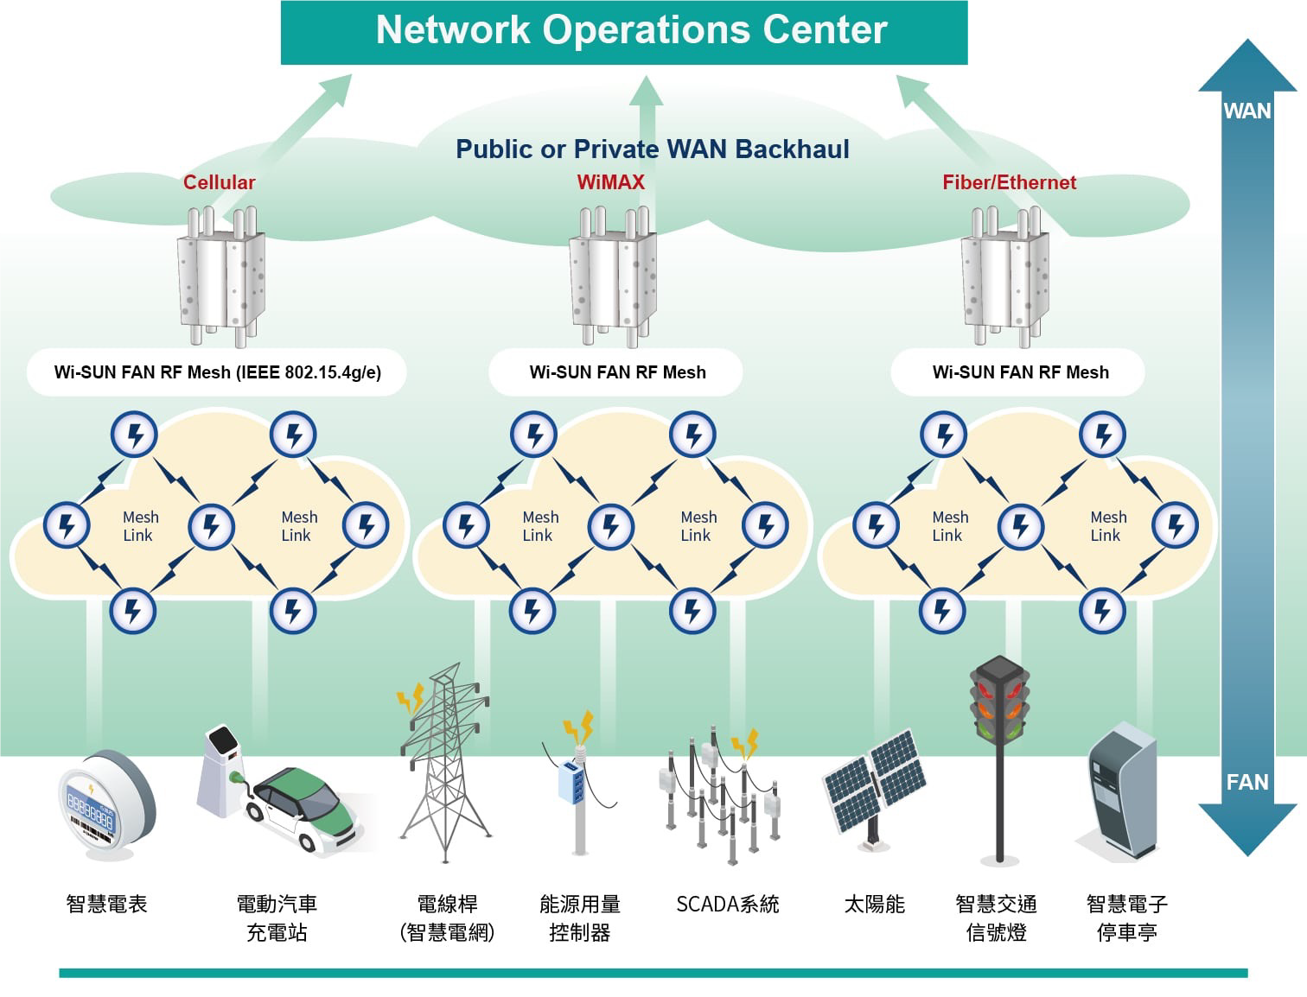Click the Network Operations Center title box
624,31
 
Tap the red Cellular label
219,182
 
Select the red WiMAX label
610,182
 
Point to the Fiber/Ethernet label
1009,182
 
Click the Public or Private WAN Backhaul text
653,149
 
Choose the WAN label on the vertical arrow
1246,111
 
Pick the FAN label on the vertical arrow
1246,782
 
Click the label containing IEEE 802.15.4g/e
217,372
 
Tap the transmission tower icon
444,760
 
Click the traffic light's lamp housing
999,701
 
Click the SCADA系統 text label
728,905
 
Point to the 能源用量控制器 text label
579,918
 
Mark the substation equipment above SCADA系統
719,795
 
